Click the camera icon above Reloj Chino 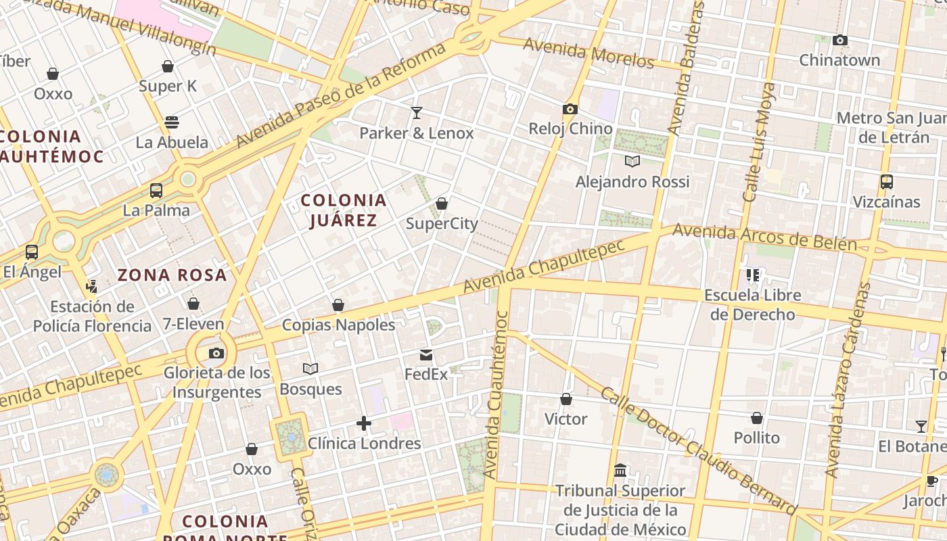tap(570, 109)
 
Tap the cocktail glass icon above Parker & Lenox tap(417, 113)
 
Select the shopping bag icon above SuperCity tap(442, 204)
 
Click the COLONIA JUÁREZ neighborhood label tap(344, 210)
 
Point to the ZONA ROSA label tap(172, 275)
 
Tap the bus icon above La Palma tap(156, 191)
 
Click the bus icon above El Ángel tap(32, 252)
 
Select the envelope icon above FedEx tap(426, 354)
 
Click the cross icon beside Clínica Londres tap(364, 423)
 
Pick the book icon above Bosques tap(310, 369)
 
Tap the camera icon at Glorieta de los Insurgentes tap(216, 353)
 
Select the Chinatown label tap(839, 60)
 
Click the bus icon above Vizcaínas tap(886, 182)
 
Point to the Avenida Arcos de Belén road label tap(764, 238)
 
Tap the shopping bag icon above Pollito tap(757, 419)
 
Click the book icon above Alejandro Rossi tap(632, 162)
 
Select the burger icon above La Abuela tap(172, 122)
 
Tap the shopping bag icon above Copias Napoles tap(338, 305)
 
